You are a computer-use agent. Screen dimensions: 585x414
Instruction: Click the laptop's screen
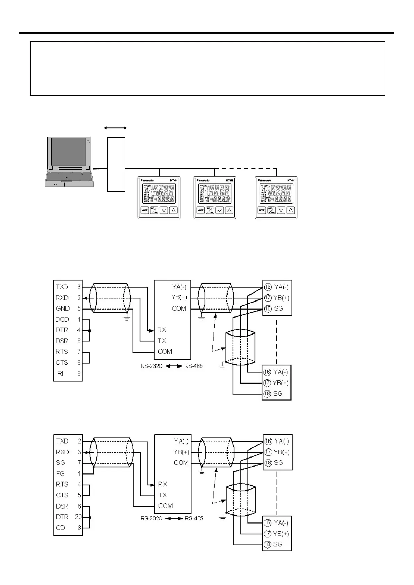pos(69,151)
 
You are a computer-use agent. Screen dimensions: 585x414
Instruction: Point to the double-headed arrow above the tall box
pos(116,128)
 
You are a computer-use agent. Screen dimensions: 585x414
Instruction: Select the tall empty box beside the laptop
pos(116,164)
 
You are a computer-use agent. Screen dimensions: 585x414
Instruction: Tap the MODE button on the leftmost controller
pos(144,210)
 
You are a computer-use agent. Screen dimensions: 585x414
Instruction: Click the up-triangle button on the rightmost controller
pos(291,210)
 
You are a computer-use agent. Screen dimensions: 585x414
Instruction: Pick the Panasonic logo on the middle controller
pos(203,180)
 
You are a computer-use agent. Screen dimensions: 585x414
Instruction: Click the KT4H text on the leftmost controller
pos(173,180)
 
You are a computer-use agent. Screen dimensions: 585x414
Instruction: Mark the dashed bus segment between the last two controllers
pos(246,169)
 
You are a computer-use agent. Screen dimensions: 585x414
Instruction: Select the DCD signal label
pos(62,319)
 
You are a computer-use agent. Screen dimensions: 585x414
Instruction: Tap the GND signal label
pos(63,308)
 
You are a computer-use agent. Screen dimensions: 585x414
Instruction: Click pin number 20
pos(78,517)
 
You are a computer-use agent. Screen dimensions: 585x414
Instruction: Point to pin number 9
pos(79,373)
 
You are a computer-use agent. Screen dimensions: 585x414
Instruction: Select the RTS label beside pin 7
pos(62,352)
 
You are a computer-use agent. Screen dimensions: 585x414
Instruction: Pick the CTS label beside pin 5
pos(62,495)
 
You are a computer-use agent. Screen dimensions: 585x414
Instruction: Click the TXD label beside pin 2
pos(62,441)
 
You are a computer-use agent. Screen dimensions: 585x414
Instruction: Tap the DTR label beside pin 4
pos(62,330)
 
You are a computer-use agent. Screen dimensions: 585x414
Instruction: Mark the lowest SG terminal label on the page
pos(278,544)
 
